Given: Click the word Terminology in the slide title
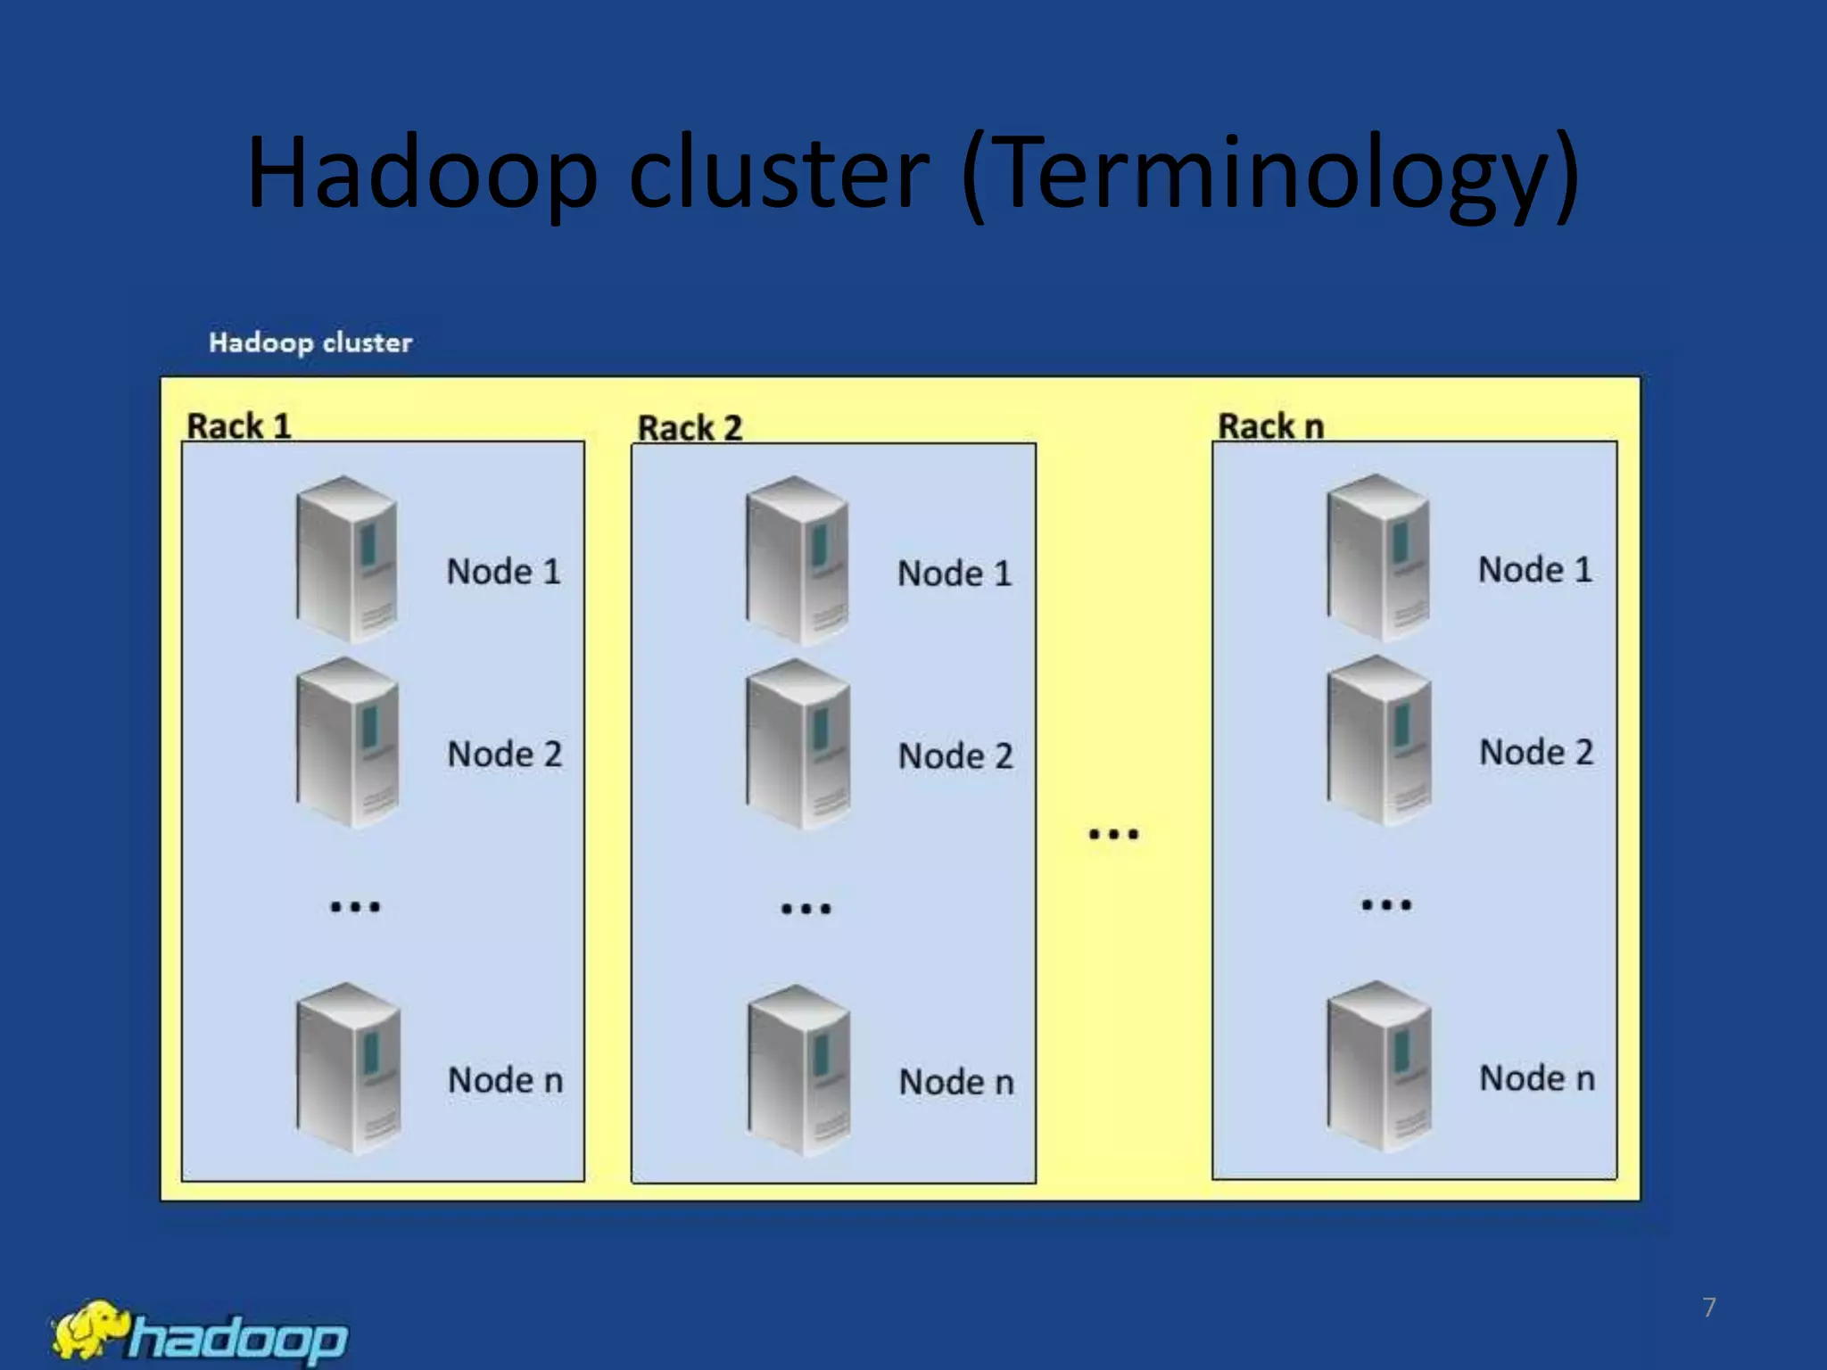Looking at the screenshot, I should [x=1270, y=174].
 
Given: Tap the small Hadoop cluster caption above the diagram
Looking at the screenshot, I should [x=310, y=342].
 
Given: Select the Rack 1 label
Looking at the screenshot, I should [x=239, y=426].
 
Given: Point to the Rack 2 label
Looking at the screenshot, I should [x=690, y=428].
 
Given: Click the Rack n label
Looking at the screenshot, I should [x=1270, y=426].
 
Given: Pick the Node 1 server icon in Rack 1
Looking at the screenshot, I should [x=347, y=559].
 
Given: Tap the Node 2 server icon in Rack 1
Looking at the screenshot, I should [x=347, y=742].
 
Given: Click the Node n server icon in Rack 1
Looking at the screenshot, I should [x=348, y=1068].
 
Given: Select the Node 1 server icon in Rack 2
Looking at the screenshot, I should [x=798, y=561].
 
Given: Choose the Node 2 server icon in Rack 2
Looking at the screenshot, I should [x=798, y=744].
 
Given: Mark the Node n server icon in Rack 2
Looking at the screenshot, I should [x=799, y=1069].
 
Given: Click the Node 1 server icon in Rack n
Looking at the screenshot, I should [x=1378, y=558].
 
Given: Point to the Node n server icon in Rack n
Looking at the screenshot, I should [x=1379, y=1066].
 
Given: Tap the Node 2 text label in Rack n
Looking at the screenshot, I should [x=1536, y=752].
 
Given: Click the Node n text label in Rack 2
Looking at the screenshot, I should [x=956, y=1082].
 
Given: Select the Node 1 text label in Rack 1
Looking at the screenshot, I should [x=504, y=572].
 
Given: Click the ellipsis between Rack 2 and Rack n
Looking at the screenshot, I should [x=1113, y=835].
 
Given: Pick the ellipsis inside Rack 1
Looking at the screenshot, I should [x=355, y=907].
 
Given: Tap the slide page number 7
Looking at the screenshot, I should [x=1708, y=1308].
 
